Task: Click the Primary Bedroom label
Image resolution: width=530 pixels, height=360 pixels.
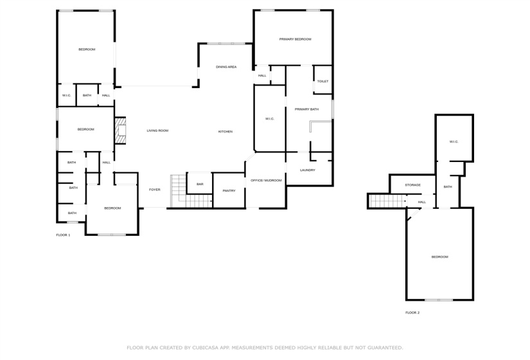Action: click(x=295, y=39)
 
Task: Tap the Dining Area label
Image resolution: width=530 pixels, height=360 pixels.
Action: click(x=226, y=67)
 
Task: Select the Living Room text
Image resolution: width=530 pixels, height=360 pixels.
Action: click(x=157, y=130)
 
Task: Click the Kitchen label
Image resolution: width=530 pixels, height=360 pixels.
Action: click(x=225, y=131)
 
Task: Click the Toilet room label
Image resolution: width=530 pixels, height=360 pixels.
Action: click(x=322, y=82)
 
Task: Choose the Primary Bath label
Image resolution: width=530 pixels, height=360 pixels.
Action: click(x=306, y=109)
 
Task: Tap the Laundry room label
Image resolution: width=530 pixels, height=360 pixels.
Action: click(x=308, y=170)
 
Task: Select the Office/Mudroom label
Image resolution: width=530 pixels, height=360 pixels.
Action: click(x=266, y=180)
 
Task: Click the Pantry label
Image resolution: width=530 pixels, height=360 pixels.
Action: click(x=229, y=190)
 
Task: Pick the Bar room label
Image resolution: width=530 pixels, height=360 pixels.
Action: click(x=200, y=184)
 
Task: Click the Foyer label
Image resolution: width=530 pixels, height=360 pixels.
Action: click(x=155, y=190)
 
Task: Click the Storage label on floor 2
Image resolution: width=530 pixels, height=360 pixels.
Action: click(x=412, y=185)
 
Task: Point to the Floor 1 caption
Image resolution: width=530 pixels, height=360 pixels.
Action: click(x=63, y=235)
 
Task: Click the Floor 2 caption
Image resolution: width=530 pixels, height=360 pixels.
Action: click(x=412, y=312)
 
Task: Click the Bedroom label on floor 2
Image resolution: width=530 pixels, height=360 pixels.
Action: click(x=439, y=256)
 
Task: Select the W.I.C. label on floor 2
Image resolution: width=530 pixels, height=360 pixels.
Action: click(x=454, y=141)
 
